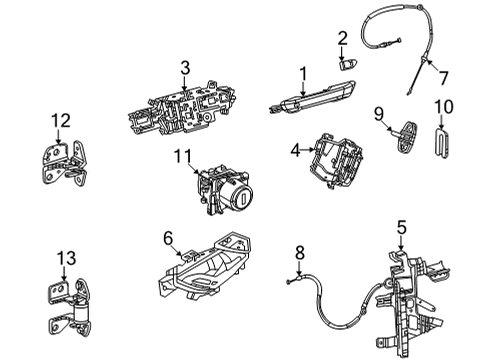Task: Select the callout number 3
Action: coord(185,68)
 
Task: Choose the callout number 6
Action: coord(167,239)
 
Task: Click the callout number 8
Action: coord(299,255)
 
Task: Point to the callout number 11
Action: coord(181,156)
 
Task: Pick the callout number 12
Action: coord(61,121)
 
